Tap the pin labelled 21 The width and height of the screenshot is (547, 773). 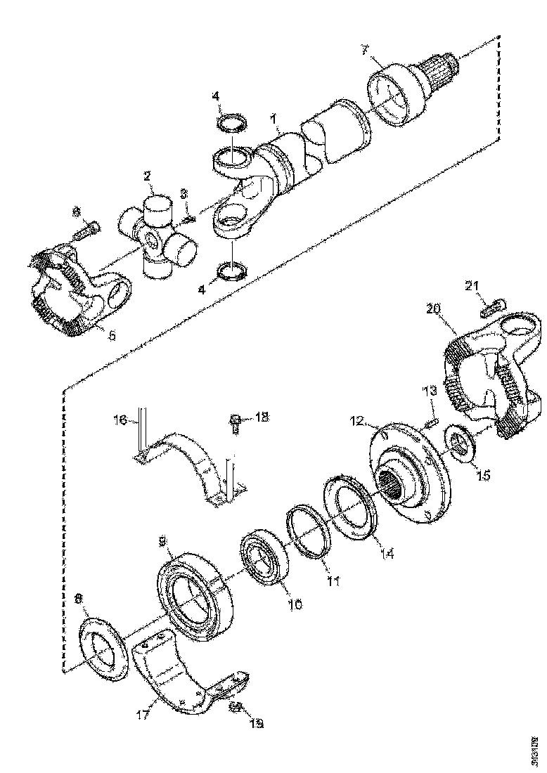point(491,306)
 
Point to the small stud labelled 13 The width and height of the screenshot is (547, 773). point(432,422)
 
